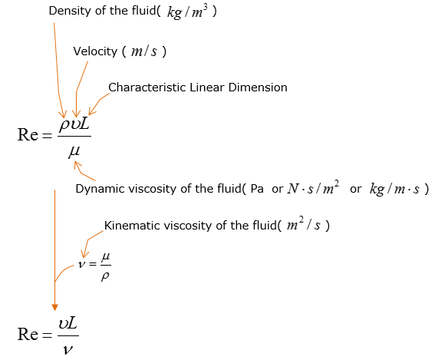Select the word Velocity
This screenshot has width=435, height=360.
95,51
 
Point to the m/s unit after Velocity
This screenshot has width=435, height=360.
144,51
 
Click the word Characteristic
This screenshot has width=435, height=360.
147,88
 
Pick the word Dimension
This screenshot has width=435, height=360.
258,88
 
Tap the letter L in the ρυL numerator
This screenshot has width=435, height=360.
84,124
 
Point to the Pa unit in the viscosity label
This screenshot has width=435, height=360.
257,189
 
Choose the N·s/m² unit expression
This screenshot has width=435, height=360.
313,188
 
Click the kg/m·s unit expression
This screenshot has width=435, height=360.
394,189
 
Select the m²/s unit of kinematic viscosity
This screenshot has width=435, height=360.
304,224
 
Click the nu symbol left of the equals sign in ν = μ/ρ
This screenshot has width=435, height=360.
81,264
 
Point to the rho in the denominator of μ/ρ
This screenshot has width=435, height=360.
105,276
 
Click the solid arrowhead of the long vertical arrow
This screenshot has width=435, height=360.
54,307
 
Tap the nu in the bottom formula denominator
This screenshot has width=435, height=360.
68,350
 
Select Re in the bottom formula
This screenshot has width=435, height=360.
28,334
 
